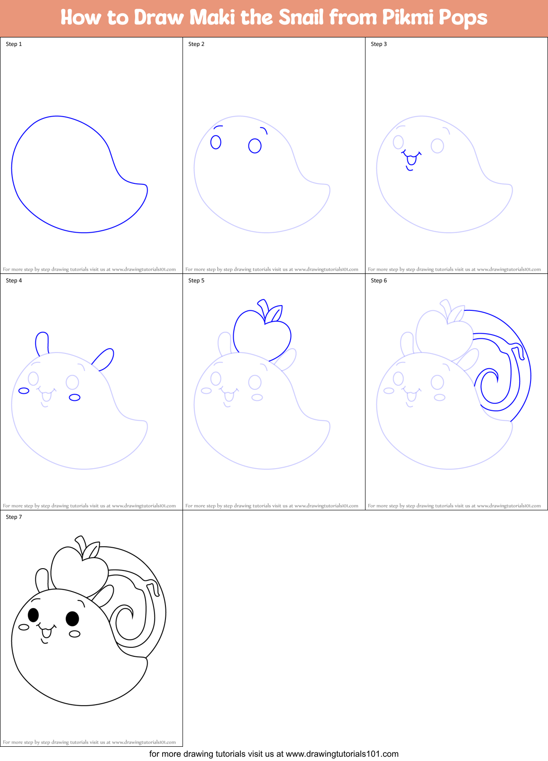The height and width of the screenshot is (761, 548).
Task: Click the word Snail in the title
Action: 301,18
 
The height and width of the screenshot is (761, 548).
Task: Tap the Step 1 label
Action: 14,44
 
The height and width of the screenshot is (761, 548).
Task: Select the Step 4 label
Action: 14,281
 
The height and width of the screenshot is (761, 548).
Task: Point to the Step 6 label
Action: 379,281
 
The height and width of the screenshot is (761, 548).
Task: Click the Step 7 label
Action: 14,517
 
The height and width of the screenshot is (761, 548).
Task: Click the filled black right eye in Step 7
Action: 72,618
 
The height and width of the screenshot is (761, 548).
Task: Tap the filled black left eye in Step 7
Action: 33,615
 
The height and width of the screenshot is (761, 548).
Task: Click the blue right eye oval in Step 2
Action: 255,145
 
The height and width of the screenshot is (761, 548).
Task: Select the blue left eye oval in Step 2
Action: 216,142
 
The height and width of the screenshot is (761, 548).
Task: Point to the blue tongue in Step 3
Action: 411,160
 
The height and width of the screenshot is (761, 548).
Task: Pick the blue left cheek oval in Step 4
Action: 24,390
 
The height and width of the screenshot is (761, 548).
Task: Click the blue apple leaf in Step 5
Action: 274,314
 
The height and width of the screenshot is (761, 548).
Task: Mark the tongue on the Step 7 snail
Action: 46,633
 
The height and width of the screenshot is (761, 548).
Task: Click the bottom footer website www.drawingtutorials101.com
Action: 342,754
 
